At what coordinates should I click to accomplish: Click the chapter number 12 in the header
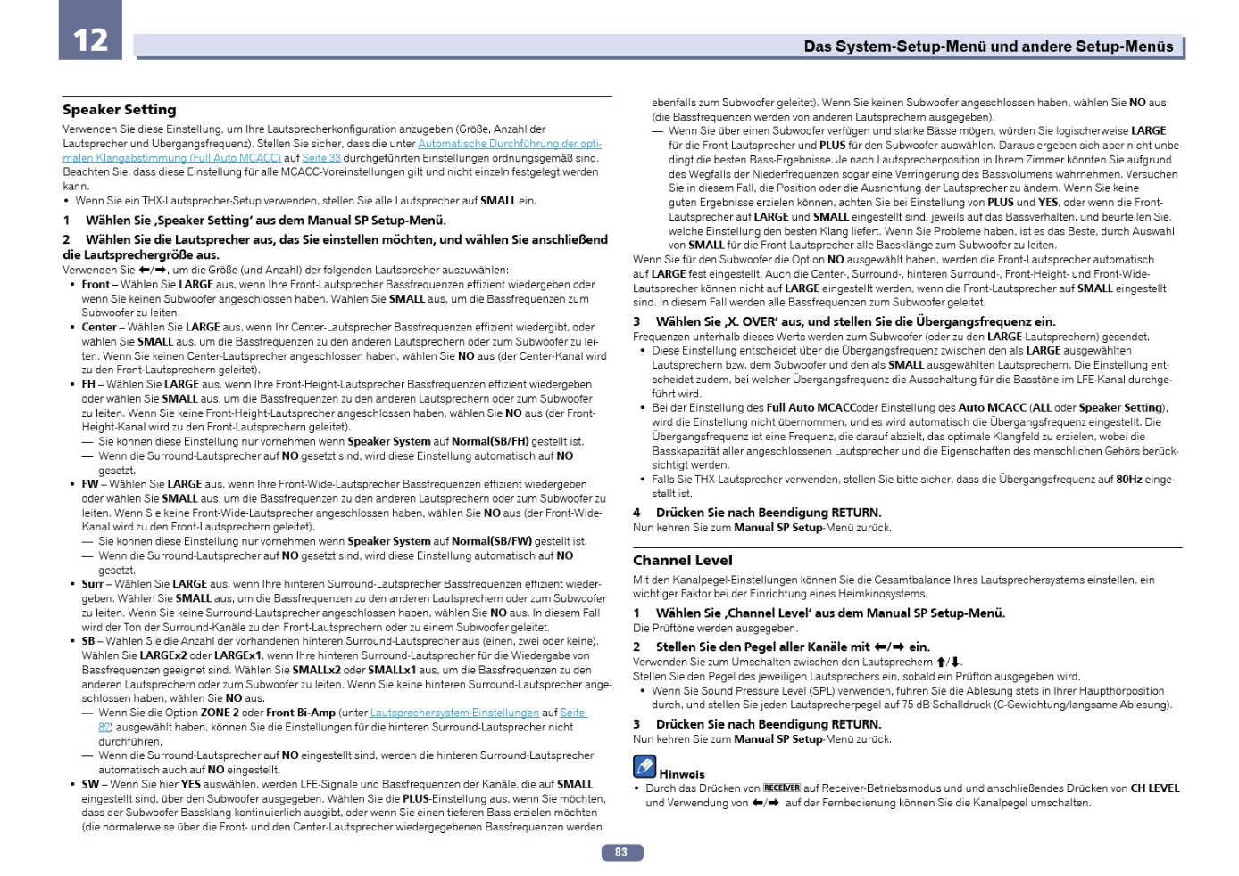(x=90, y=39)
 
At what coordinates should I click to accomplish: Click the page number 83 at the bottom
(x=621, y=853)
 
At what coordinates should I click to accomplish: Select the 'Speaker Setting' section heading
(x=120, y=110)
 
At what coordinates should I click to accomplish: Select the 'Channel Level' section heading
(x=682, y=560)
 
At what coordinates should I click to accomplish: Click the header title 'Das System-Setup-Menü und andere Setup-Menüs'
(x=988, y=46)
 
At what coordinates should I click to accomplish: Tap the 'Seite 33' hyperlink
(x=321, y=158)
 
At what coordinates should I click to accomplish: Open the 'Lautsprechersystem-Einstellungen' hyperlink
(x=454, y=713)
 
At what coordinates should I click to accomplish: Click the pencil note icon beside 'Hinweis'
(x=644, y=766)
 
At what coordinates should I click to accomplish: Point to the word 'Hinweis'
(x=682, y=774)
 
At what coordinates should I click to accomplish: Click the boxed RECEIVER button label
(x=782, y=788)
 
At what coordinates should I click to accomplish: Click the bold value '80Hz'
(x=1129, y=480)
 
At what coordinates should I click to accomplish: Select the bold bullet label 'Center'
(x=99, y=328)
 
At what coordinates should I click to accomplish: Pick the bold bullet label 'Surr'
(x=93, y=584)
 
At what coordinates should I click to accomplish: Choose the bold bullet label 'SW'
(x=91, y=784)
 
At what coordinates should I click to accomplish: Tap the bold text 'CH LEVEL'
(x=1155, y=788)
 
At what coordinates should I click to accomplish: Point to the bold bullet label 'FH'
(x=88, y=385)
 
